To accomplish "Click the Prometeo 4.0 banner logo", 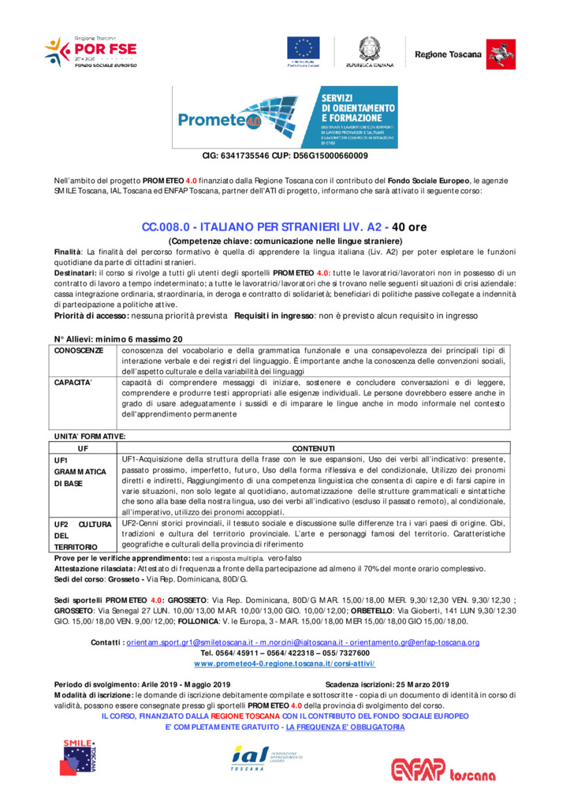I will click(x=285, y=118).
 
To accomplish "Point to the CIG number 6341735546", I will click(x=244, y=156).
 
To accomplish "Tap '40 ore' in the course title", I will click(x=409, y=227).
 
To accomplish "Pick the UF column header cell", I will click(x=82, y=448).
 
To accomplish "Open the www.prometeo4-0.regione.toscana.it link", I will click(x=284, y=664).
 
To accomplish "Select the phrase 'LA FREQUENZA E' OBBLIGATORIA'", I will click(x=345, y=727).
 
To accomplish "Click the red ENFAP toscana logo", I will click(x=452, y=768).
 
